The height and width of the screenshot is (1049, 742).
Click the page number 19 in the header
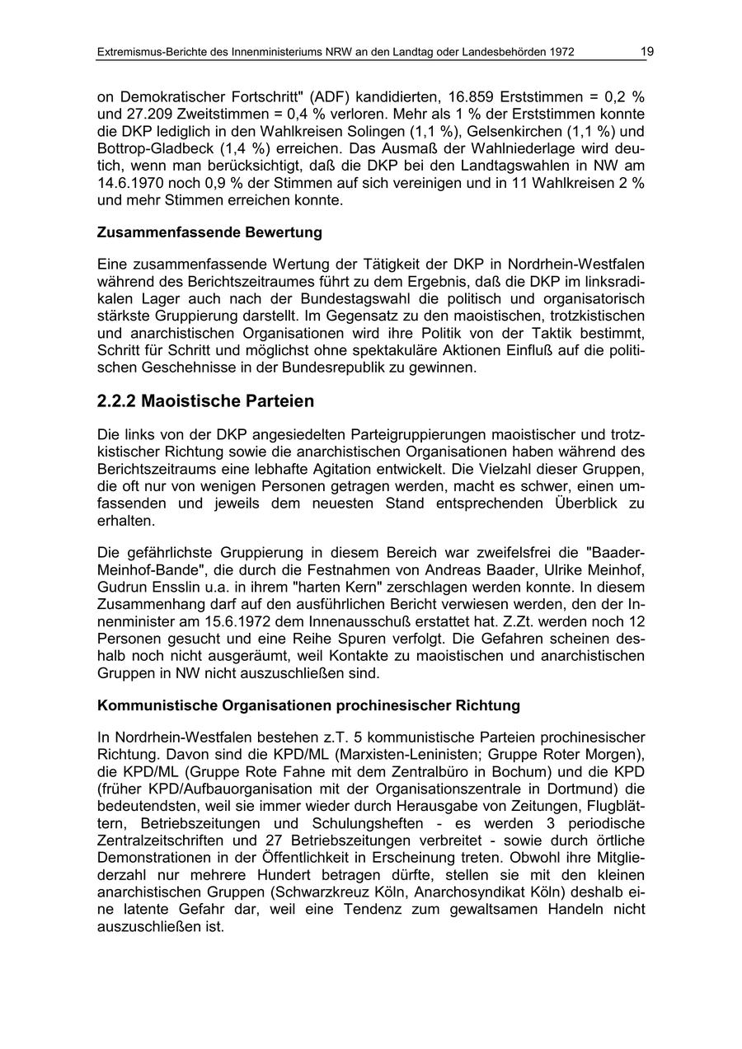(647, 52)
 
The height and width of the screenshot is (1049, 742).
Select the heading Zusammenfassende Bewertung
(209, 232)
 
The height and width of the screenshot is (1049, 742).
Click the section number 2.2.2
(116, 401)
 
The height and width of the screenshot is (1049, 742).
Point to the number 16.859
(472, 96)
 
